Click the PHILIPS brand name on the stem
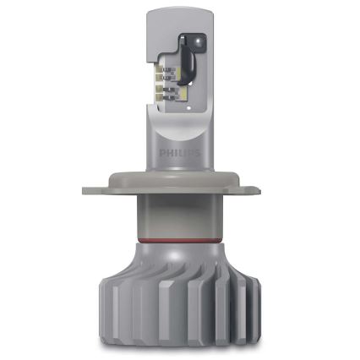(x=180, y=154)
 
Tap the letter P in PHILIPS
(x=163, y=154)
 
